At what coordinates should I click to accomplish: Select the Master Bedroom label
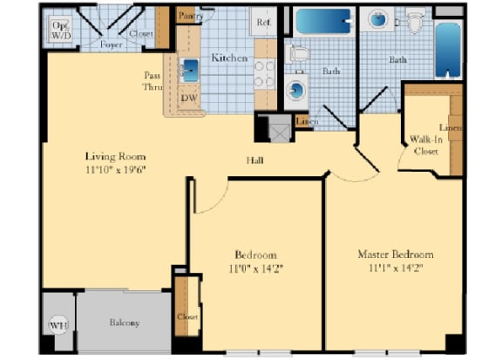[396, 255]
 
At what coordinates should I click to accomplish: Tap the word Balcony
[125, 323]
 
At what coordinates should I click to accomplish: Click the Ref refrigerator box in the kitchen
[263, 22]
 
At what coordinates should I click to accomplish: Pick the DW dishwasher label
[189, 98]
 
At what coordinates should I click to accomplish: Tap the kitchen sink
[190, 71]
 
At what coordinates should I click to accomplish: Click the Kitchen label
[229, 58]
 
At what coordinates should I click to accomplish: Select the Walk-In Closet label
[425, 145]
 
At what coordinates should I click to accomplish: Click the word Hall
[255, 160]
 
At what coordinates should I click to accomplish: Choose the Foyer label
[110, 44]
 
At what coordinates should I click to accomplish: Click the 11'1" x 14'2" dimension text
[396, 269]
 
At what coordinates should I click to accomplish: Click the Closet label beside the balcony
[186, 317]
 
